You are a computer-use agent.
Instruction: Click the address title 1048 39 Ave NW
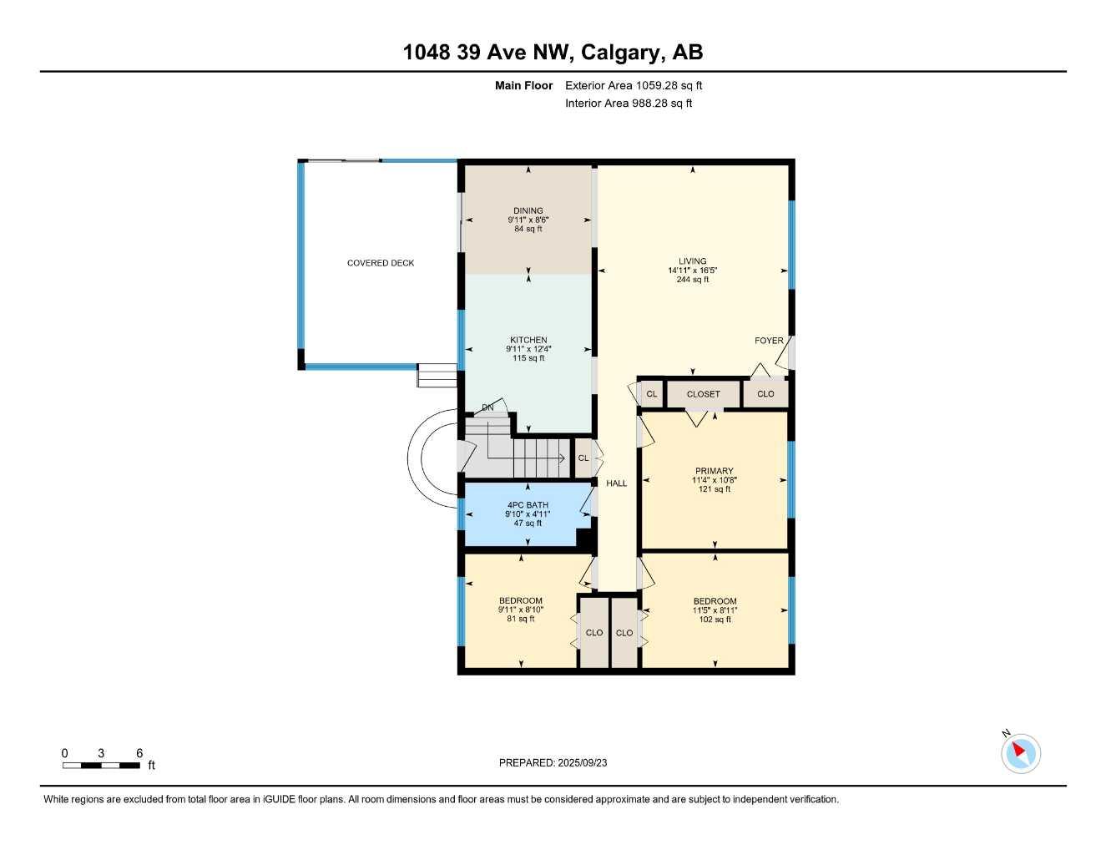pos(553,53)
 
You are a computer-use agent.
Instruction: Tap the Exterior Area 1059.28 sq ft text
pos(634,85)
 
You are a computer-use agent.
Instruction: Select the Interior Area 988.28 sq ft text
pos(629,104)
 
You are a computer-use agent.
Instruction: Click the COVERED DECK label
pos(381,263)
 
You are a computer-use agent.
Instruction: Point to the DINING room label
pos(528,210)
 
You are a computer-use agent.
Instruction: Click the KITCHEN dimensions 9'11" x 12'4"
pos(528,349)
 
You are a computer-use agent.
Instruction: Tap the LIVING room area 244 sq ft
pos(692,280)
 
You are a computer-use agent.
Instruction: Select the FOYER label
pos(769,341)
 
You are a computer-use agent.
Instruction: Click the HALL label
pos(616,483)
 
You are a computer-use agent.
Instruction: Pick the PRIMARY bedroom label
pos(714,471)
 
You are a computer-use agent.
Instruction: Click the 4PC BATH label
pos(528,505)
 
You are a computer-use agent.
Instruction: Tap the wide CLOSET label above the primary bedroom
pos(703,394)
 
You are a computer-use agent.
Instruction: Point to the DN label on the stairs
pos(487,407)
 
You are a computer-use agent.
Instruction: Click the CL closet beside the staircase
pos(583,458)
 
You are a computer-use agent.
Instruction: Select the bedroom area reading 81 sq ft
pos(520,619)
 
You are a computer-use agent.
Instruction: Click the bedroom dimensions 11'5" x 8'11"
pos(715,610)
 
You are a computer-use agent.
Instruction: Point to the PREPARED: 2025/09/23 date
pos(553,762)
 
